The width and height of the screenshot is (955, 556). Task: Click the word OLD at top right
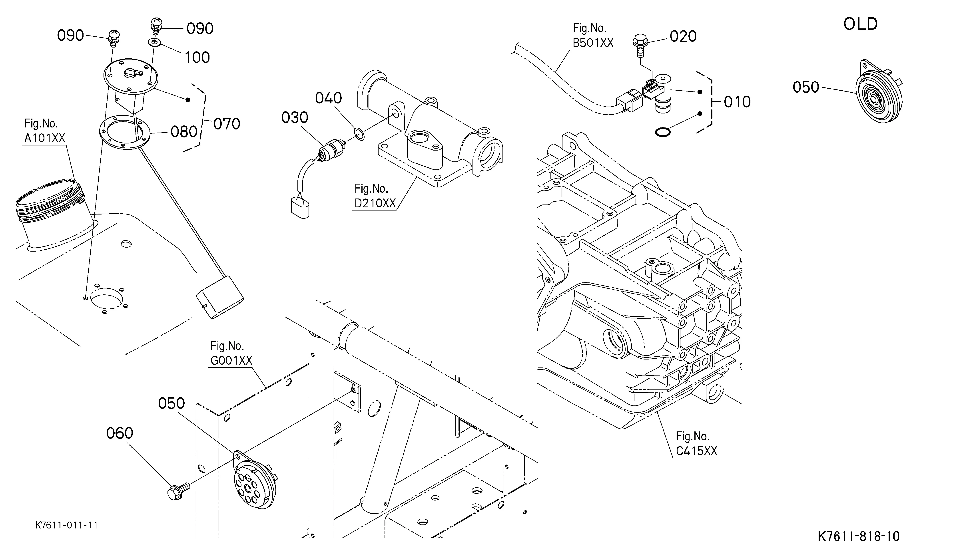click(x=860, y=24)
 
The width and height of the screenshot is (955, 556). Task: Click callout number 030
click(x=295, y=117)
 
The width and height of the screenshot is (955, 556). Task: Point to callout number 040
click(x=329, y=98)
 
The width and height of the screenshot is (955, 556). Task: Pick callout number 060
click(x=119, y=433)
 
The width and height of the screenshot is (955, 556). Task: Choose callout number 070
click(x=227, y=124)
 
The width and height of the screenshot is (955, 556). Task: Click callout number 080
click(x=184, y=132)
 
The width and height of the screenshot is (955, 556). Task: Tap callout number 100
click(x=197, y=58)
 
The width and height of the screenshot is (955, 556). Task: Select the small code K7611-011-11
click(x=67, y=525)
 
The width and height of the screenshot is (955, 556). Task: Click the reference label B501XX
click(x=593, y=43)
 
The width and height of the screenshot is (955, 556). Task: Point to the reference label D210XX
click(x=375, y=203)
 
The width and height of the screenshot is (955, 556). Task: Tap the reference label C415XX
click(x=697, y=451)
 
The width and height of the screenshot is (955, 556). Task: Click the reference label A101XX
click(x=45, y=138)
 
